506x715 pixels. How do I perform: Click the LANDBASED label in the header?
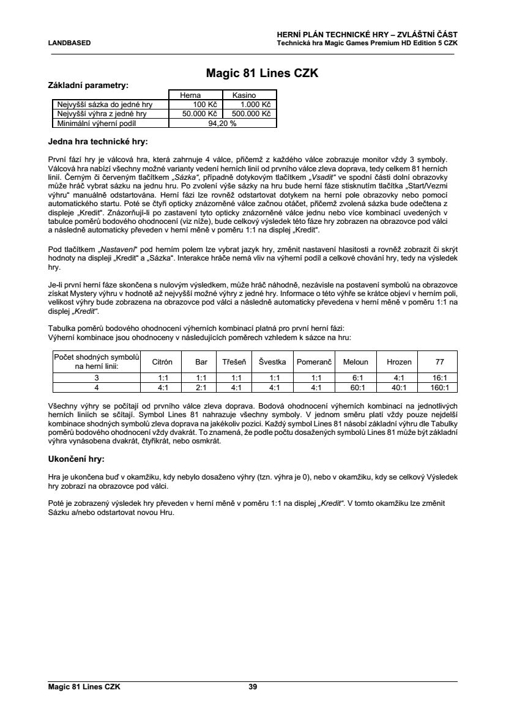pyautogui.click(x=70, y=43)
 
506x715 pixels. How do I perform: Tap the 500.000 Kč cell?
pyautogui.click(x=250, y=114)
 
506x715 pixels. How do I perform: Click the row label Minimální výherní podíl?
pyautogui.click(x=96, y=123)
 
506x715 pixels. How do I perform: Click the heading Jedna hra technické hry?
pyautogui.click(x=98, y=142)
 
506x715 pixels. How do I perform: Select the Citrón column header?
pyautogui.click(x=162, y=361)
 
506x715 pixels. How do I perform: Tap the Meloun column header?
pyautogui.click(x=355, y=361)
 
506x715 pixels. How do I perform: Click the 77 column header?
pyautogui.click(x=440, y=361)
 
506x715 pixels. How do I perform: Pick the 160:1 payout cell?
pyautogui.click(x=440, y=387)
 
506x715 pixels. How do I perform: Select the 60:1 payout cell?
pyautogui.click(x=355, y=387)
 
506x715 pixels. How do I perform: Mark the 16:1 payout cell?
pyautogui.click(x=440, y=378)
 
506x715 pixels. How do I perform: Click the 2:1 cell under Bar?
pyautogui.click(x=201, y=387)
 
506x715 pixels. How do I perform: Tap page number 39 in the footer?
pyautogui.click(x=253, y=687)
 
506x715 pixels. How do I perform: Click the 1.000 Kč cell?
pyautogui.click(x=250, y=105)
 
